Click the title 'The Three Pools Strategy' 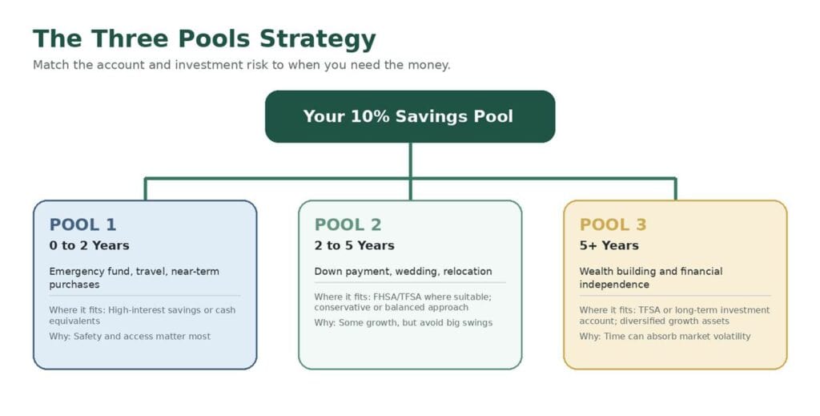click(204, 39)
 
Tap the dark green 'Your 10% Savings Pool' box click(410, 116)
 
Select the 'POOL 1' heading click(82, 224)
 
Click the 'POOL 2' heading click(348, 224)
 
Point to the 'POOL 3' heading click(613, 224)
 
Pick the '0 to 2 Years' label click(90, 245)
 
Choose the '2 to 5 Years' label click(355, 245)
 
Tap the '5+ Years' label click(609, 245)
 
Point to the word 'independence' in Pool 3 click(614, 285)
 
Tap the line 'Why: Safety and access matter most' click(130, 336)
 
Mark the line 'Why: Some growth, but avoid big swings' click(404, 323)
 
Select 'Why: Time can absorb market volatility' click(665, 336)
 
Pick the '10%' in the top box click(370, 116)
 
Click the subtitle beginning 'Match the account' click(242, 65)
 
